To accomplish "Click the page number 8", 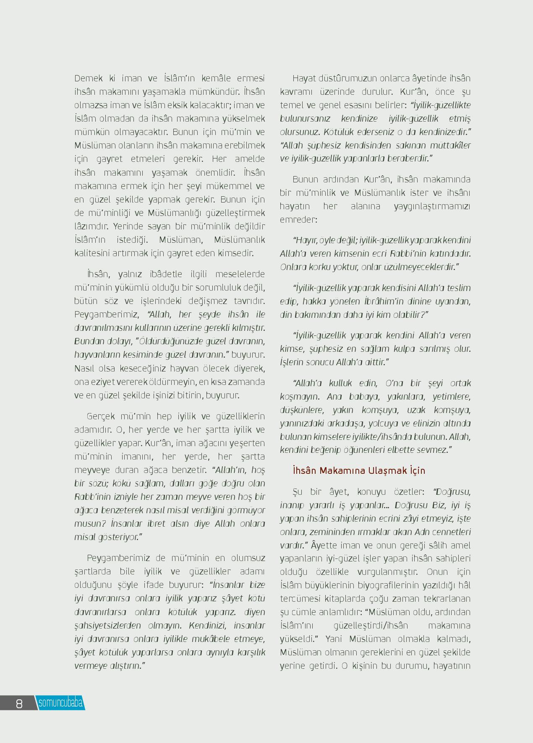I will (x=19, y=703).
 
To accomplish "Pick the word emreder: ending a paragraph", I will (x=298, y=220).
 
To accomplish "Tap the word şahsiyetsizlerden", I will (x=107, y=626).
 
